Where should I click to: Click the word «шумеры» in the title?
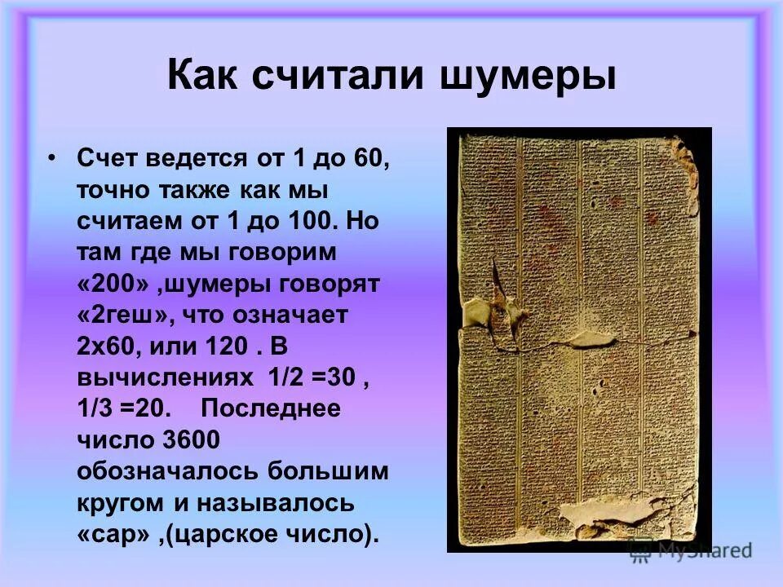[x=529, y=77]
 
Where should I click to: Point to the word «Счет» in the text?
[x=110, y=158]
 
